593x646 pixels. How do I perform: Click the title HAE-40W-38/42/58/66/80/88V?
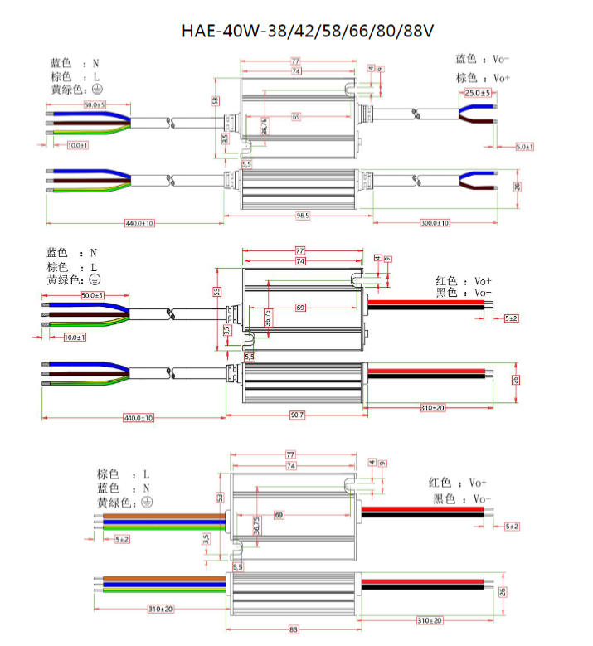(x=308, y=31)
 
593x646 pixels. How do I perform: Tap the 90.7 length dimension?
(x=296, y=414)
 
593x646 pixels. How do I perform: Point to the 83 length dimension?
(x=294, y=630)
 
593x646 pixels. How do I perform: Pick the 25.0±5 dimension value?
(x=478, y=93)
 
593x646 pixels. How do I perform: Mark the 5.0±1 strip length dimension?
(x=524, y=147)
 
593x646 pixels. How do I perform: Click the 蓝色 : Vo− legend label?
(x=483, y=59)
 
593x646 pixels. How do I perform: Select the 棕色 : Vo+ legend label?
(x=483, y=78)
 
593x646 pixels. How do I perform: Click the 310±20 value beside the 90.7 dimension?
(x=432, y=408)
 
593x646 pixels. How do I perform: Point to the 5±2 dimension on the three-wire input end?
(x=122, y=539)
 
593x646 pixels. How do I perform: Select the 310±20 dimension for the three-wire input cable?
(x=161, y=610)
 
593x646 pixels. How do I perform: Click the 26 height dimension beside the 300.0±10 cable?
(x=516, y=186)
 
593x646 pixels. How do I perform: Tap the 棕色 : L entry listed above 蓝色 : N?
(x=123, y=474)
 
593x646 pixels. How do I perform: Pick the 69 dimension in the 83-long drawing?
(x=279, y=515)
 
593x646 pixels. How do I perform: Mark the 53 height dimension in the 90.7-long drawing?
(x=216, y=292)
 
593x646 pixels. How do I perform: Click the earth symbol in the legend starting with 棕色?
(x=146, y=503)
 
